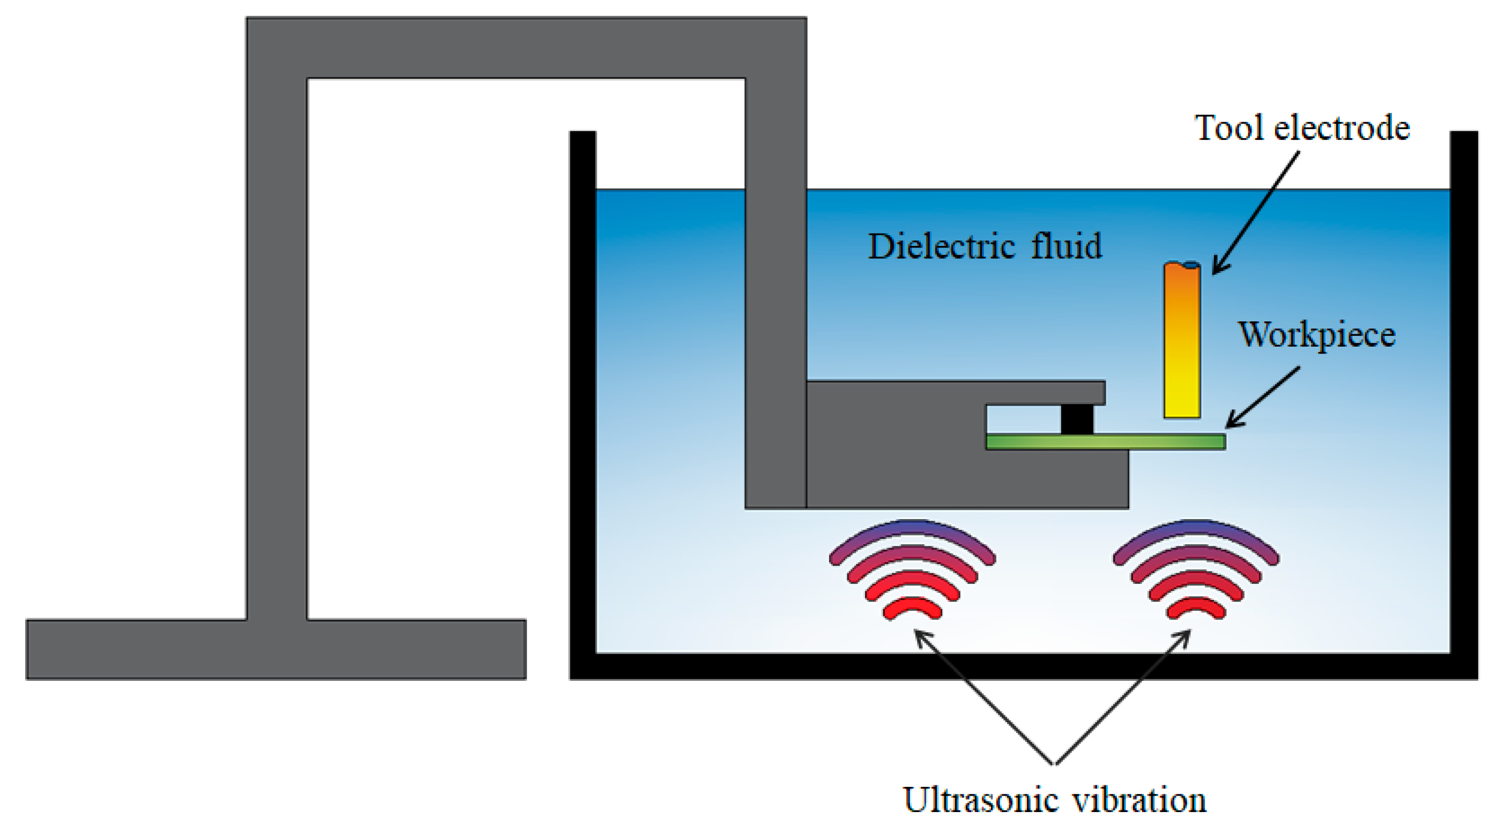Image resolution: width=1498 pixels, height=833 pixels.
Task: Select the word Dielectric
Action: click(x=942, y=246)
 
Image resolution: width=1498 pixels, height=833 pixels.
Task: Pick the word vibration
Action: click(x=1139, y=800)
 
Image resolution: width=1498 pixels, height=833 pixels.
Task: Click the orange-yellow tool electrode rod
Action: click(x=1182, y=343)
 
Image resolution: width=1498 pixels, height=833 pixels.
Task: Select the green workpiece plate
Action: click(x=1105, y=442)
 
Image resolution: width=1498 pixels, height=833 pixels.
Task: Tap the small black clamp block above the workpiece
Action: click(x=1077, y=419)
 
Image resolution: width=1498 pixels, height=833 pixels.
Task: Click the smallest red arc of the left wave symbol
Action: click(x=912, y=607)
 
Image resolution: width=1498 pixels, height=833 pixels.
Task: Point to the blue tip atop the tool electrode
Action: click(x=1191, y=266)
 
